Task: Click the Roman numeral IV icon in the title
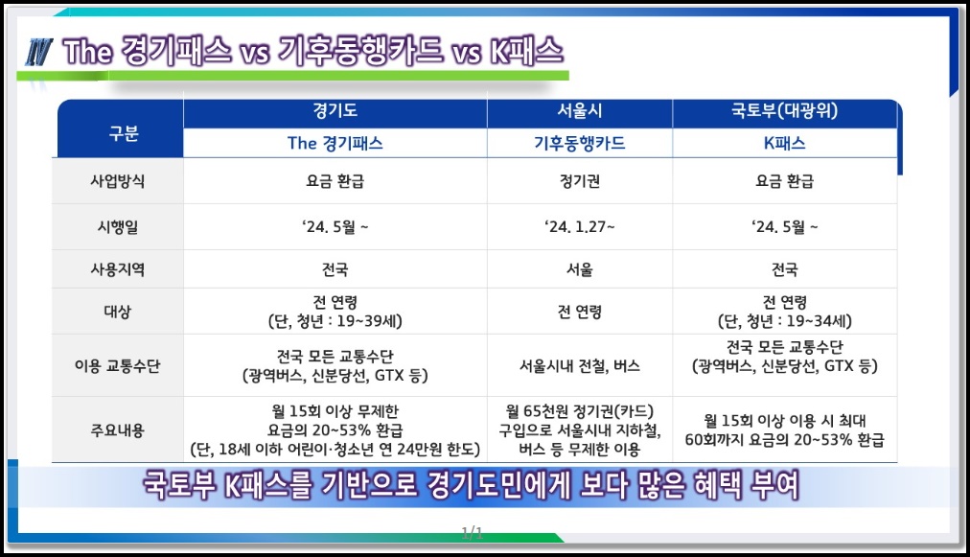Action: (x=38, y=52)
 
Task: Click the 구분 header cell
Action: (x=124, y=133)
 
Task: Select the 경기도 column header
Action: (x=335, y=111)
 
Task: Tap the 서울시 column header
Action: (x=580, y=111)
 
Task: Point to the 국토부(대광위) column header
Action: (x=784, y=111)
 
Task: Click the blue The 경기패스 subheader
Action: (x=335, y=144)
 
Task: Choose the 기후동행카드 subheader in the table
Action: (x=580, y=144)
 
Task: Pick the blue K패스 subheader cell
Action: (x=784, y=144)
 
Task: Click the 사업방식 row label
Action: (x=118, y=181)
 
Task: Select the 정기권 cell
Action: (x=580, y=181)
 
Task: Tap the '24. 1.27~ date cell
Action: (x=580, y=227)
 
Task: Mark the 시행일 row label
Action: (x=118, y=227)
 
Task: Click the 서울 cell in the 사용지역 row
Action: (x=580, y=269)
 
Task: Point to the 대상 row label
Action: (x=118, y=312)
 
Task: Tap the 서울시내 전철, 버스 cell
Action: (x=580, y=366)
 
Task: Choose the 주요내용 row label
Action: (x=118, y=430)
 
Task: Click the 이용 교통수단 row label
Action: (x=118, y=366)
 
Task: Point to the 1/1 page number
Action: (x=472, y=532)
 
